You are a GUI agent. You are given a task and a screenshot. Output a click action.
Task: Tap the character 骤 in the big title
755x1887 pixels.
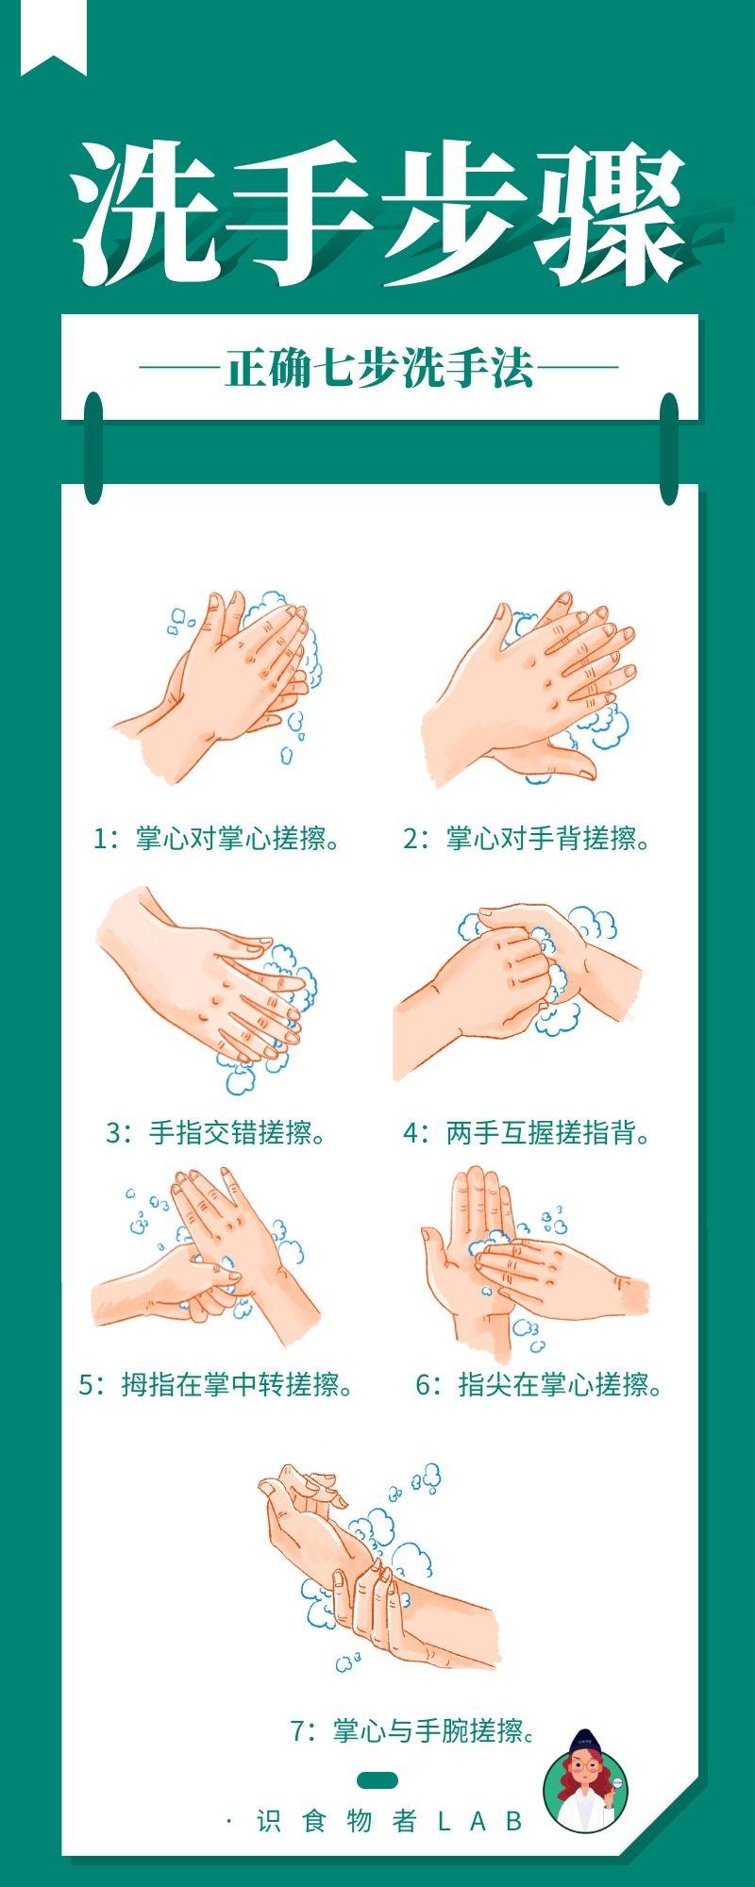[x=609, y=214]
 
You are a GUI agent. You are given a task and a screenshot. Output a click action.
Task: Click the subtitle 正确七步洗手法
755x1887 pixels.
[x=379, y=367]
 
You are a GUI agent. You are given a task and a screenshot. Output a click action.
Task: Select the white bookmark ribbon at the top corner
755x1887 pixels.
[x=54, y=36]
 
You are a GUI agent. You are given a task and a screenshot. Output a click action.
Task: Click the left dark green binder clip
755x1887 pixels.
[x=92, y=448]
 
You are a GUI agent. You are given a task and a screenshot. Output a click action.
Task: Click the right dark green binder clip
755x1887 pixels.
[x=669, y=448]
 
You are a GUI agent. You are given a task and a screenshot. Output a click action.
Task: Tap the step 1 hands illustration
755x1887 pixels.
[x=226, y=684]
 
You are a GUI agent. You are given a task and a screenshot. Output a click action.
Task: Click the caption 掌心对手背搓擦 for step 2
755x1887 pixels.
[x=549, y=838]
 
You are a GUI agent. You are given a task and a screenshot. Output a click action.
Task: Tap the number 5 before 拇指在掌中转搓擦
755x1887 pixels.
[x=87, y=1385]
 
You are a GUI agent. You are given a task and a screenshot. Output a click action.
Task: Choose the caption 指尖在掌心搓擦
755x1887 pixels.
[x=561, y=1385]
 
